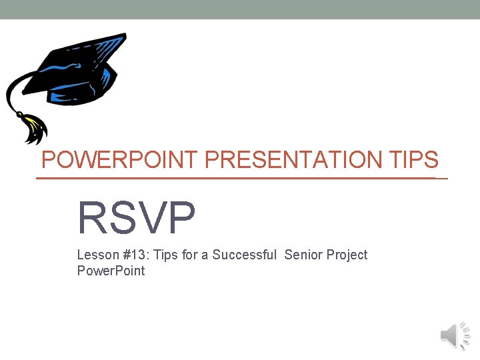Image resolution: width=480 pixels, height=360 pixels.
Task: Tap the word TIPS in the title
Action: pos(411,160)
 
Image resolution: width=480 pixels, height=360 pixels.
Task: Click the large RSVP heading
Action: pos(137,218)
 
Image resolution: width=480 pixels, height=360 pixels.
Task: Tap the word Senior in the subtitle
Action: pos(304,255)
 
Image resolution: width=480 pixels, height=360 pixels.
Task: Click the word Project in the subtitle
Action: pos(347,255)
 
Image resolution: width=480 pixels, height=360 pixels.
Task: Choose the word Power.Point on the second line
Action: pos(111,271)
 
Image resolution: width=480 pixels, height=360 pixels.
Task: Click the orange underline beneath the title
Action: pos(240,179)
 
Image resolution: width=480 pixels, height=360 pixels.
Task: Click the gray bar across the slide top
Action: pos(240,9)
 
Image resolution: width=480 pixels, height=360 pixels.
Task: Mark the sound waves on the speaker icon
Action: pos(465,335)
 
